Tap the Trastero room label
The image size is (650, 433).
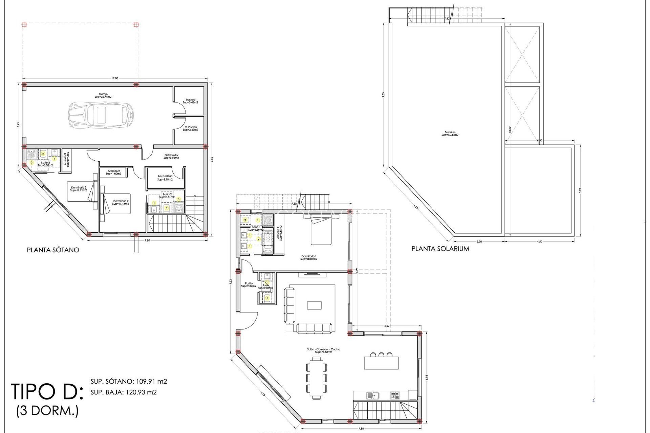(x=190, y=101)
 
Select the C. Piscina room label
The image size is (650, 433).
(x=191, y=129)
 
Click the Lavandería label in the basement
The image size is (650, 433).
(x=165, y=178)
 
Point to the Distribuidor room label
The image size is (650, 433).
(x=171, y=156)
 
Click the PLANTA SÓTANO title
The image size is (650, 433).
(x=53, y=250)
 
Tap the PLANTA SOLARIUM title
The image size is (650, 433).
(x=440, y=249)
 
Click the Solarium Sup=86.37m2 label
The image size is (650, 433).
(x=450, y=134)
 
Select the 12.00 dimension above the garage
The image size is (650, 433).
(x=115, y=78)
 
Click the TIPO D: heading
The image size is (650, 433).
(x=47, y=392)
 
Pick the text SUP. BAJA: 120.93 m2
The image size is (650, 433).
(x=124, y=392)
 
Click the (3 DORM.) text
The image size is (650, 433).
(x=47, y=411)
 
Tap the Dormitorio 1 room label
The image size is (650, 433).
(x=308, y=257)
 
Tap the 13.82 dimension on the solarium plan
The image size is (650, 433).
(x=510, y=129)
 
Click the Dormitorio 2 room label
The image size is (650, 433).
(x=121, y=202)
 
